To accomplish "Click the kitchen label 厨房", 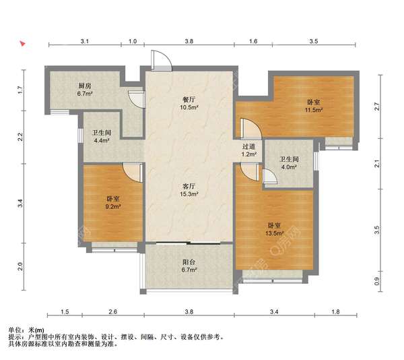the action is (85, 86).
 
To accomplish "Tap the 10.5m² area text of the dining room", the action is (189, 108).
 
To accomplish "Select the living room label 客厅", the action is (189, 186).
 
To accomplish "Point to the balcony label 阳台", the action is (189, 262).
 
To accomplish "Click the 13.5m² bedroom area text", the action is (275, 234).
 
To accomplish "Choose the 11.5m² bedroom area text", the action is (314, 110).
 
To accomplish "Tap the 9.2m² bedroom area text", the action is (113, 206).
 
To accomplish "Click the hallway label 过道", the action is (249, 146).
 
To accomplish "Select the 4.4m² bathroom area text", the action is (102, 141).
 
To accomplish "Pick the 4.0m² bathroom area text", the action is (289, 167).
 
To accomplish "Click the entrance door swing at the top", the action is (162, 60).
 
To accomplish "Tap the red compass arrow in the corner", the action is (23, 43).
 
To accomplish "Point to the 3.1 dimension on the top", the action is (85, 41).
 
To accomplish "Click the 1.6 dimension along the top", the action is (253, 41).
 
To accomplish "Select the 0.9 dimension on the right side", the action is (377, 281).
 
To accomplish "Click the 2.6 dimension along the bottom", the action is (113, 311).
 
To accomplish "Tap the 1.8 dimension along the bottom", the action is (335, 311).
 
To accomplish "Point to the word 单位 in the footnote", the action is (15, 330).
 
